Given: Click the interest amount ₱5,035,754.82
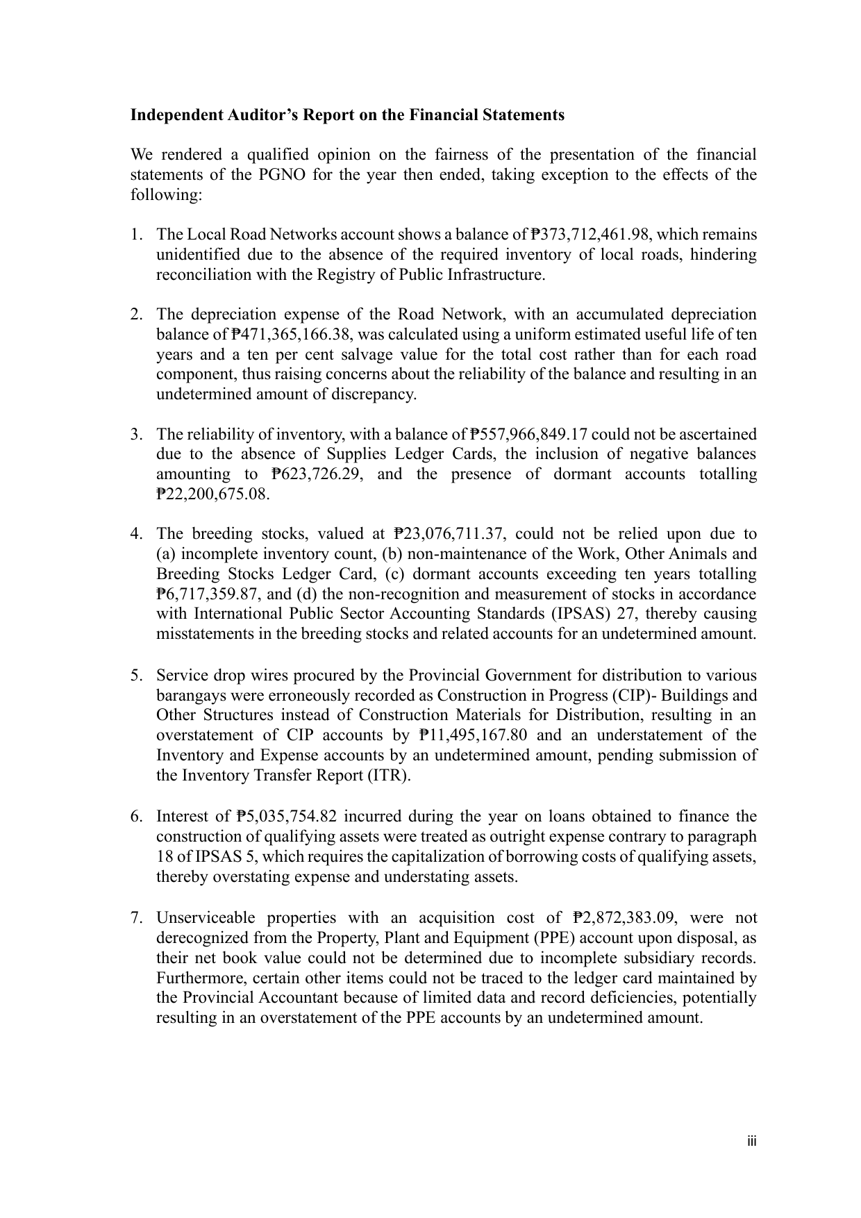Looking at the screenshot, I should click(x=288, y=817).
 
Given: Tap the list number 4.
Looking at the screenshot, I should click(x=136, y=534).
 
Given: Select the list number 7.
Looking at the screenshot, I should click(x=136, y=918).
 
